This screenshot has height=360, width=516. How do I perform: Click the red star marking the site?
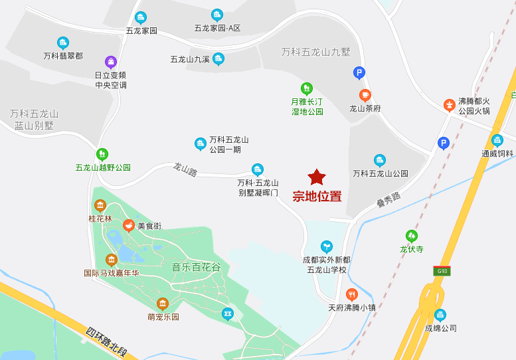[x=317, y=177]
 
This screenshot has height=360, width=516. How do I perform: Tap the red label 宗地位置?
[x=317, y=197]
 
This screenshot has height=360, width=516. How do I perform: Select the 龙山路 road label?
[x=185, y=169]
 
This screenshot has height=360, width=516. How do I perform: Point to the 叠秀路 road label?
[x=388, y=200]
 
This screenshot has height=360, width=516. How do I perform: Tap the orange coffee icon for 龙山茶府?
[x=365, y=95]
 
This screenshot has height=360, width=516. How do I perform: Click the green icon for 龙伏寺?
[x=412, y=236]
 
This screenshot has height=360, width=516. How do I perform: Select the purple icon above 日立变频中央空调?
[x=111, y=62]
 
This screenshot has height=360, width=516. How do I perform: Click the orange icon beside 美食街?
[x=129, y=225]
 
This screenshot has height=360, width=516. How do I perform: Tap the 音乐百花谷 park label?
[x=196, y=267]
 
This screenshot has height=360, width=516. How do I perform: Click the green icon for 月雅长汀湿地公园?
[x=307, y=88]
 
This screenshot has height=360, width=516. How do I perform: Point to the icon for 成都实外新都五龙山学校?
[x=326, y=246]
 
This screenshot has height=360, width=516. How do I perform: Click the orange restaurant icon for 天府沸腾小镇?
[x=352, y=294]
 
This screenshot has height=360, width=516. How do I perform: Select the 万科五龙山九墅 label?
[x=315, y=51]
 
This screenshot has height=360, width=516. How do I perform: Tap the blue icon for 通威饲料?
[x=497, y=140]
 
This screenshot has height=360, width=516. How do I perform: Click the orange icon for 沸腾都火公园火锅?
[x=450, y=105]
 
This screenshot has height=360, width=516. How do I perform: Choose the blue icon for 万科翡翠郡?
[x=63, y=43]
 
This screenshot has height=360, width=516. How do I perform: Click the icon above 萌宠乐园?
[x=163, y=304]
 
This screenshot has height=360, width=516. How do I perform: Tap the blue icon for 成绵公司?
[x=440, y=315]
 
